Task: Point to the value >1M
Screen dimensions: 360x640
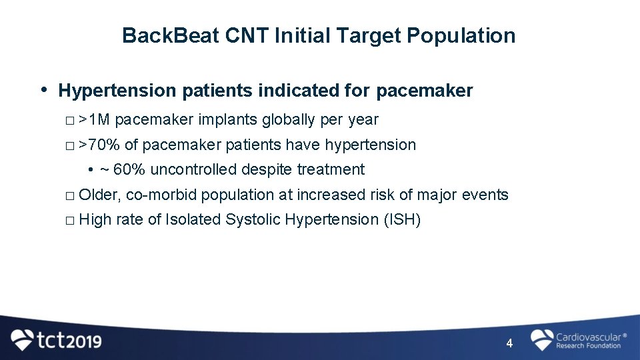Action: pyautogui.click(x=94, y=120)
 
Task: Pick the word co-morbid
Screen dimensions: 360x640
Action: pyautogui.click(x=161, y=195)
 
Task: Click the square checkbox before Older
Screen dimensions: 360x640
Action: pyautogui.click(x=71, y=196)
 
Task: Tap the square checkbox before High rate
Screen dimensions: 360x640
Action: pyautogui.click(x=71, y=221)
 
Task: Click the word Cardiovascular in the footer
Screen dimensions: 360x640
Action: pyautogui.click(x=587, y=337)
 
